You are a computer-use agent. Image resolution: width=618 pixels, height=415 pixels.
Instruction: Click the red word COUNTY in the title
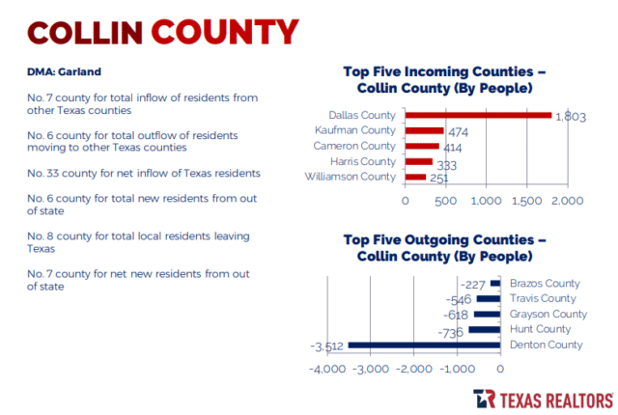pos(224,31)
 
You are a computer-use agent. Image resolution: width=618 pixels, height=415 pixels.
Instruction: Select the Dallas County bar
pos(478,115)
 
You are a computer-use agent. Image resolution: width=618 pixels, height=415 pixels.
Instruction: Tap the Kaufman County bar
pos(424,130)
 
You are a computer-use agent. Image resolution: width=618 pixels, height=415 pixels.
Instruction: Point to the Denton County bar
pos(424,345)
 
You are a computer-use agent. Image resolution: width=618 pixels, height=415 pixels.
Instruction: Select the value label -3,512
pos(327,346)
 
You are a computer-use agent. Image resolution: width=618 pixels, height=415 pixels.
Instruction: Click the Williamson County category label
pos(351,177)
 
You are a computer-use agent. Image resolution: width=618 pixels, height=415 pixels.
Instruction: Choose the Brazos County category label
pos(544,283)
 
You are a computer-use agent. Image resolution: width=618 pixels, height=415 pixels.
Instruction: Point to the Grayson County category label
pos(548,314)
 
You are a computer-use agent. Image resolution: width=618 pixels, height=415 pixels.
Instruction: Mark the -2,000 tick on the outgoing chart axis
pos(414,368)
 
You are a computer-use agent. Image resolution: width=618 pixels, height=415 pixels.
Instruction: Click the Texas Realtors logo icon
pos(485,399)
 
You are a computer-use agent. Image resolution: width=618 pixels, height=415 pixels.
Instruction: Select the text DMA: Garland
pos(64,71)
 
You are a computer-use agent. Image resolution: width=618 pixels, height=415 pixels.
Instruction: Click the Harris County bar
pos(419,161)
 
